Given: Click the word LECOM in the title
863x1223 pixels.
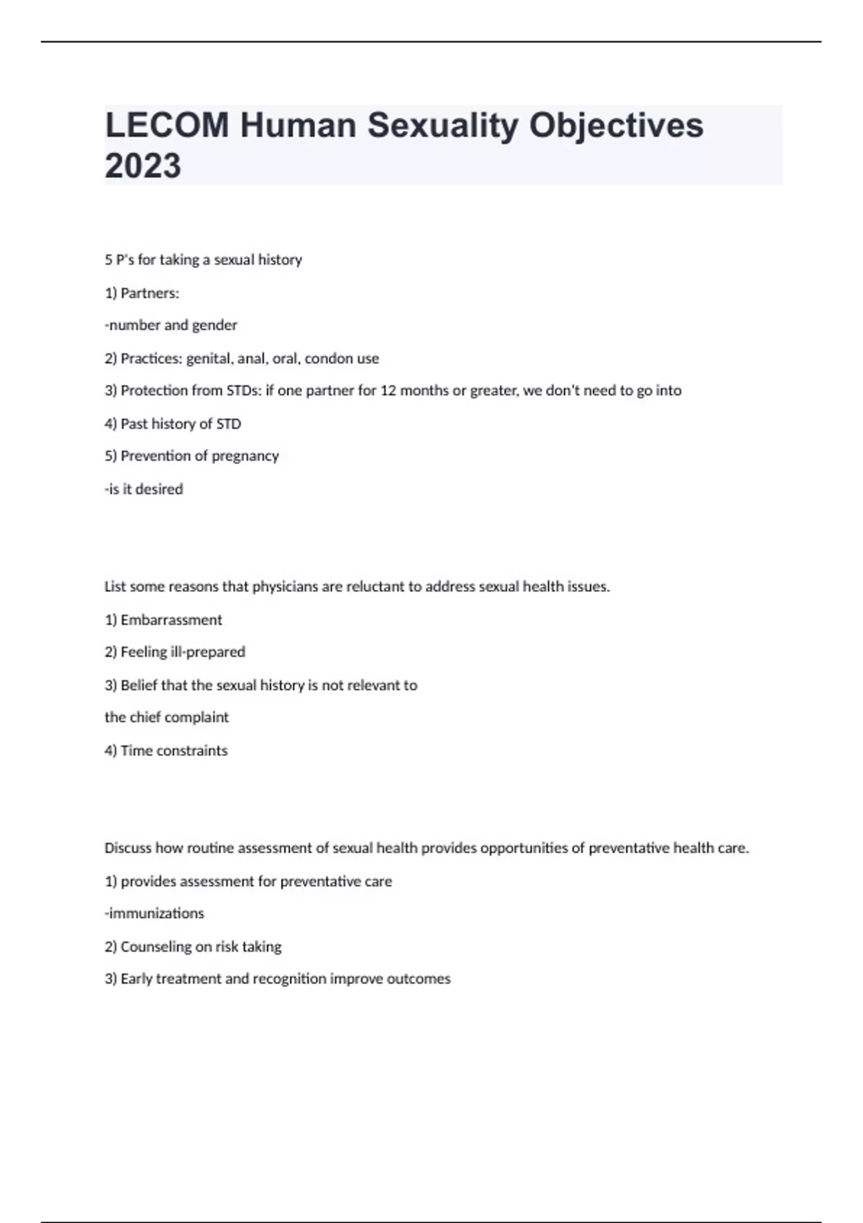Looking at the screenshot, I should click(x=167, y=125).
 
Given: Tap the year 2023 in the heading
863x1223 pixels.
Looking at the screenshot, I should click(x=143, y=166).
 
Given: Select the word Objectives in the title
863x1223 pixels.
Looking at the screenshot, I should click(x=616, y=125).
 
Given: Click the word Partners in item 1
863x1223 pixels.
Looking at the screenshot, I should click(x=149, y=294).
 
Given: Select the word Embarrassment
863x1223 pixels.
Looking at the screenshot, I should click(x=171, y=620).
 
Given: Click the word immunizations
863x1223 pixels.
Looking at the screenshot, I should click(x=156, y=914).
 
